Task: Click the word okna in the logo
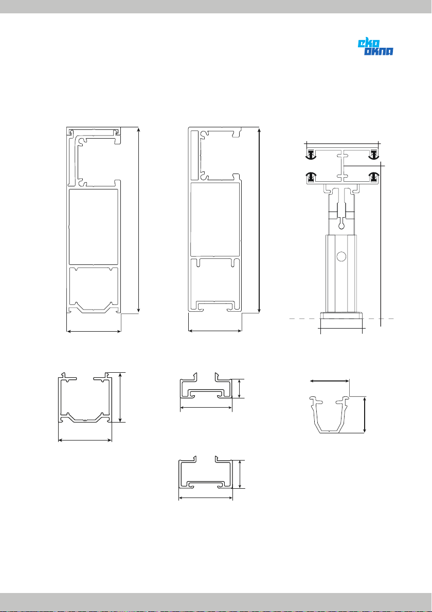[x=379, y=51]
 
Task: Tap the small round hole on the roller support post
[x=341, y=256]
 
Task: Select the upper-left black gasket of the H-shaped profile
[x=311, y=155]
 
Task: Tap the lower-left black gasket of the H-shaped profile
[x=311, y=177]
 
